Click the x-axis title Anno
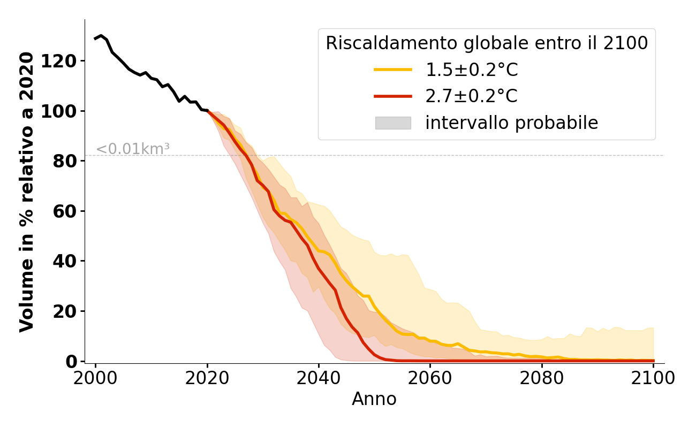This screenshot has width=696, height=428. click(x=374, y=399)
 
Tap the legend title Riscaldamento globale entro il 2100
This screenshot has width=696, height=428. click(x=487, y=43)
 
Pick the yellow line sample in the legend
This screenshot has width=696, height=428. click(x=393, y=70)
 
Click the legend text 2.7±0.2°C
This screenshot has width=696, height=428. click(x=472, y=96)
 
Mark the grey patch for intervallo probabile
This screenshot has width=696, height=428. click(x=393, y=123)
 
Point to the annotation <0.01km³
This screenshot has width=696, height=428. click(x=133, y=149)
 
